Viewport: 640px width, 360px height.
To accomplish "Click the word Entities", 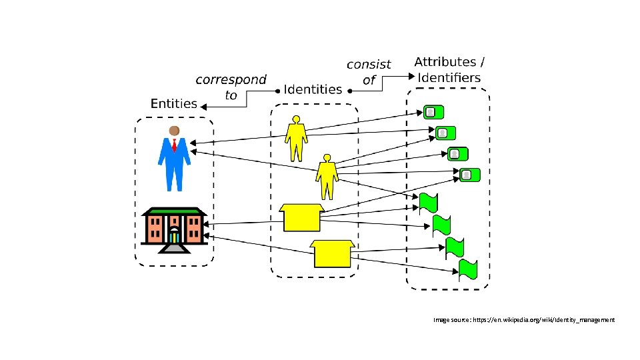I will tap(174, 103).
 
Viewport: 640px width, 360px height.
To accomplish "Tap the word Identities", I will tap(313, 89).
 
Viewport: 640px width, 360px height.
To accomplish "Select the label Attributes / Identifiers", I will tap(449, 70).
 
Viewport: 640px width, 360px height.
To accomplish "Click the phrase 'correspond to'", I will tap(231, 87).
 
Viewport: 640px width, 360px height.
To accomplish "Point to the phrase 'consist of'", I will tap(369, 72).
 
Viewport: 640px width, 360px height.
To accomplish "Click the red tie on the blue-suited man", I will tap(174, 145).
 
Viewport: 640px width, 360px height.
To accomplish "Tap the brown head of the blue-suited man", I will tap(174, 130).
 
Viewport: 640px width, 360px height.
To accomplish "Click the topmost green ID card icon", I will tap(433, 112).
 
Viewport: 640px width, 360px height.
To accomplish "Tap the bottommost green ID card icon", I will tap(469, 175).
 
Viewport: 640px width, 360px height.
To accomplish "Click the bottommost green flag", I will tap(468, 269).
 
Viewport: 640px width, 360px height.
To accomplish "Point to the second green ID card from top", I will tap(445, 133).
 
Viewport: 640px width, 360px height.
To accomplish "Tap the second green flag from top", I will tap(441, 225).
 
